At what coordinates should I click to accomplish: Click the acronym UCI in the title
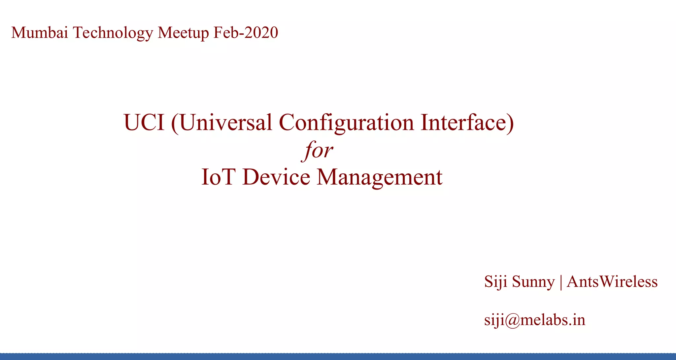point(144,123)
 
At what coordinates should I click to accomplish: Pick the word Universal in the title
point(226,123)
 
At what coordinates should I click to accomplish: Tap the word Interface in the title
point(463,123)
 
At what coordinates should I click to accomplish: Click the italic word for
point(317,151)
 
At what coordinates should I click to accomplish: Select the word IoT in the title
point(218,177)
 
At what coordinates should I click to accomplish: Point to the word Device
point(276,177)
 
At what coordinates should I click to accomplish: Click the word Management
point(380,178)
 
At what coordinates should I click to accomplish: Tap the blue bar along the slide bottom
point(338,356)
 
